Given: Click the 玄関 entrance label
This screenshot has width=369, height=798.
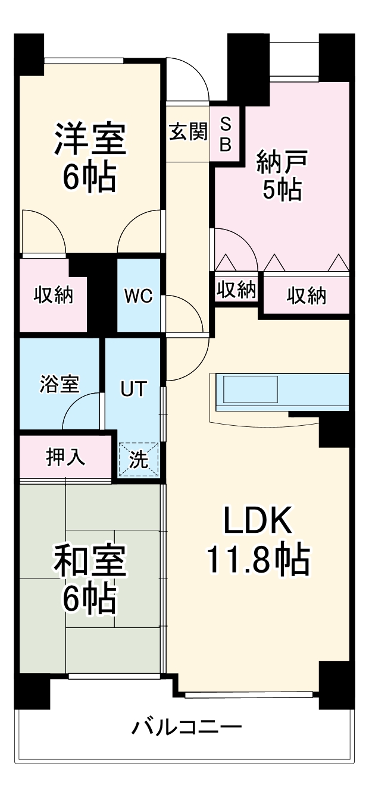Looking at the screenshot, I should (x=187, y=132).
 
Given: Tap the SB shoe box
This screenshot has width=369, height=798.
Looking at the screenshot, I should (x=226, y=134).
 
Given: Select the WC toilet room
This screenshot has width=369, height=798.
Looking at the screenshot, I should (x=139, y=296).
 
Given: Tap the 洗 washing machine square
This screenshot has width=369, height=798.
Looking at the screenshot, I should (x=139, y=460).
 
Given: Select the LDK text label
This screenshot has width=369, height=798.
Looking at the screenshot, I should (x=257, y=521).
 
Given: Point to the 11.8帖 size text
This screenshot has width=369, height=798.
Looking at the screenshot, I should (x=257, y=560).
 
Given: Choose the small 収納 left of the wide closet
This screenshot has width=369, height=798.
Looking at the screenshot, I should (x=236, y=290).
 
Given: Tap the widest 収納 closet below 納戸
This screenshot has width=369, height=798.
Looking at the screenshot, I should (x=306, y=296).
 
